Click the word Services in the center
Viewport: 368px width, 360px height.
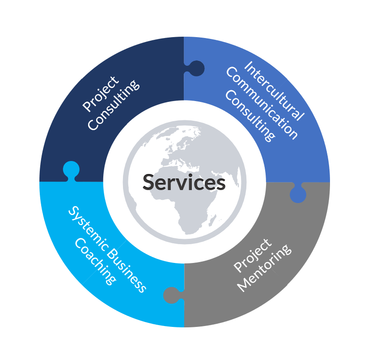click(x=184, y=182)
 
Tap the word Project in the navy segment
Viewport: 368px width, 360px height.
click(x=101, y=93)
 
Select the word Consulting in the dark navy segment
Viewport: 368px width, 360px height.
click(x=114, y=105)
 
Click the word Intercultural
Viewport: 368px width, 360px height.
click(x=274, y=91)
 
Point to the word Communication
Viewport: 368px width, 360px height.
click(x=262, y=103)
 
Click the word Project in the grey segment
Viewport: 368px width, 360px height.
click(x=253, y=255)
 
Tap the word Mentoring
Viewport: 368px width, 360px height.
click(x=264, y=268)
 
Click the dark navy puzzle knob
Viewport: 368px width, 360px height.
click(x=195, y=68)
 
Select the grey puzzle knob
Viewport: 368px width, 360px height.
click(x=173, y=295)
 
